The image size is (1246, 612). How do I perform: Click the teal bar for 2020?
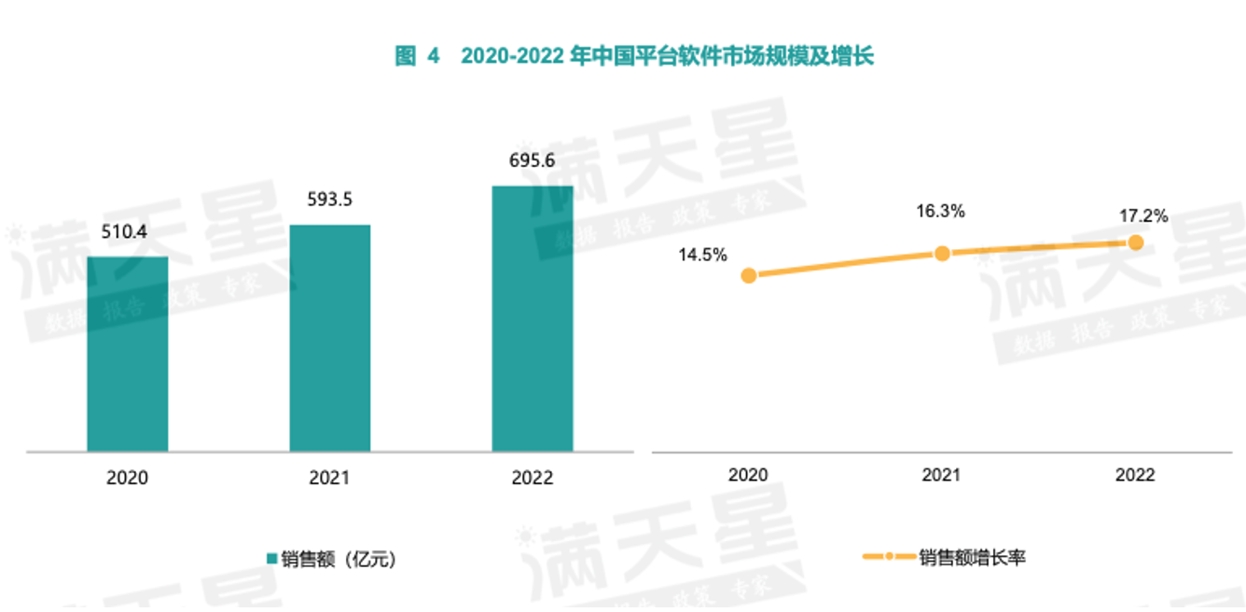[x=128, y=354]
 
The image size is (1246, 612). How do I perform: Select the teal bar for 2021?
[x=330, y=338]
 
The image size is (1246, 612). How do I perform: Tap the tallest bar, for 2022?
[x=533, y=318]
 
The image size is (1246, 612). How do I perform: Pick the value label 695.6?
[x=533, y=160]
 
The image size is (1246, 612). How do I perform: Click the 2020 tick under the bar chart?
[x=128, y=478]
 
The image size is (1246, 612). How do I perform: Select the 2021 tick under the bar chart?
[x=330, y=478]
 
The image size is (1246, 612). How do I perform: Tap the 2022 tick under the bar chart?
[x=533, y=478]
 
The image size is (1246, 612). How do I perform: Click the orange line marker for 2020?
[x=748, y=275]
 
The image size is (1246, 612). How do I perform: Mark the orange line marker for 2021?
[x=942, y=253]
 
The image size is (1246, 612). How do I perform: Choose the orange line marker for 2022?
[x=1135, y=243]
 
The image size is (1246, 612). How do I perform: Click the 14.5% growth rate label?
[x=703, y=254]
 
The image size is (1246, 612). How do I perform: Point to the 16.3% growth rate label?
[x=941, y=212]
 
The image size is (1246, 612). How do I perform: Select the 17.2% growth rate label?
[x=1143, y=216]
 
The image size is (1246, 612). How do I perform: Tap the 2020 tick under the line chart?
[x=748, y=475]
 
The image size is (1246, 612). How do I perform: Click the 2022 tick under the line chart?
[x=1135, y=475]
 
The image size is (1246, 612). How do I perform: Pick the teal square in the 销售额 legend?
[x=272, y=559]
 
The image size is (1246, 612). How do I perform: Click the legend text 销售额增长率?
[x=972, y=558]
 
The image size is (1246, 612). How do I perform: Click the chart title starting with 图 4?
[x=634, y=57]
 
